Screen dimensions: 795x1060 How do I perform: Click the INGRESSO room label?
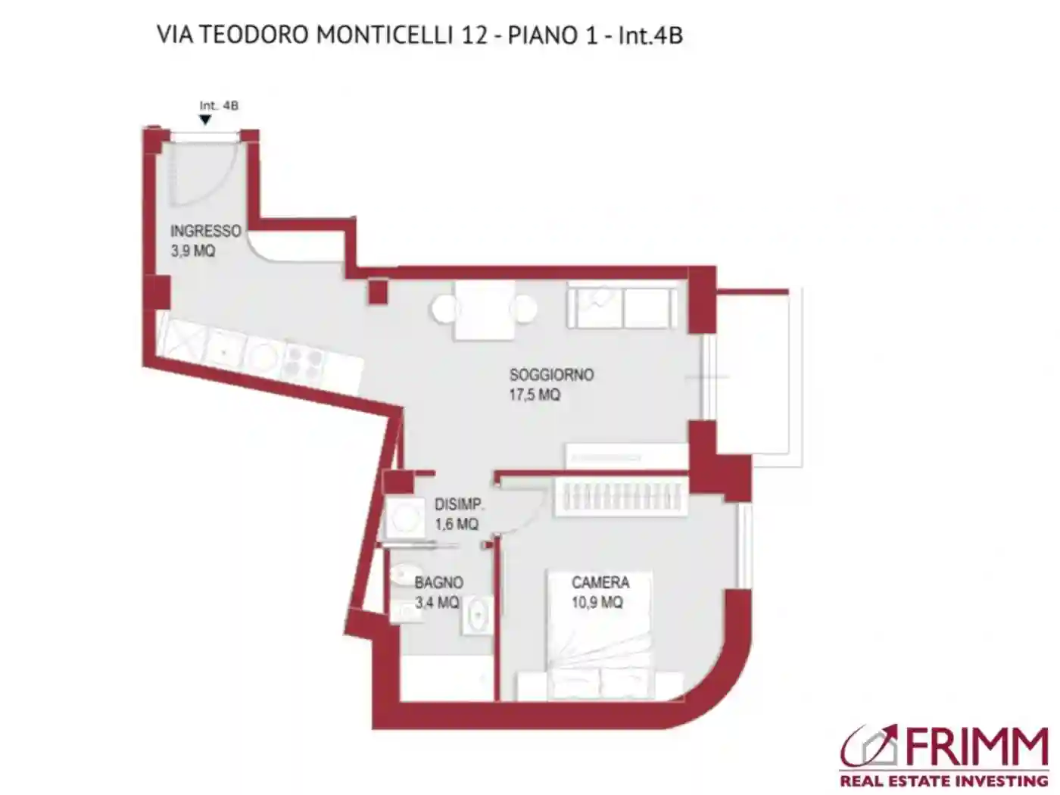pos(205,231)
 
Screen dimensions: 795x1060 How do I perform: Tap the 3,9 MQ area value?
pos(192,251)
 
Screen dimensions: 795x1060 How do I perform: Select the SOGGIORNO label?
pos(551,375)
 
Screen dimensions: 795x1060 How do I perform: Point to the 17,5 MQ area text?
pos(535,394)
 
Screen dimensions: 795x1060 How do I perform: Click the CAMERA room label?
pos(600,582)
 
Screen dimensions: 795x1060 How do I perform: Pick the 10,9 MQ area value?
pos(597,603)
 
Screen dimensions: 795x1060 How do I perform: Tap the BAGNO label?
pos(439,582)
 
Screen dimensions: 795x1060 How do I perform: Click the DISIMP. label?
pos(459,504)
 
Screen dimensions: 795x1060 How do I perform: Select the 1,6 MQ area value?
pos(457,524)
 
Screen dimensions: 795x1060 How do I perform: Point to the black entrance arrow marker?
pos(205,120)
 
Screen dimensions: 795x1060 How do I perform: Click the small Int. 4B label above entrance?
pos(219,106)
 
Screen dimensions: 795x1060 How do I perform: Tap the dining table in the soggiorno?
pos(485,310)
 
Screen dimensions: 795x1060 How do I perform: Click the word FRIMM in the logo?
pos(973,749)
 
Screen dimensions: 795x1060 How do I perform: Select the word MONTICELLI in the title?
pos(384,35)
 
